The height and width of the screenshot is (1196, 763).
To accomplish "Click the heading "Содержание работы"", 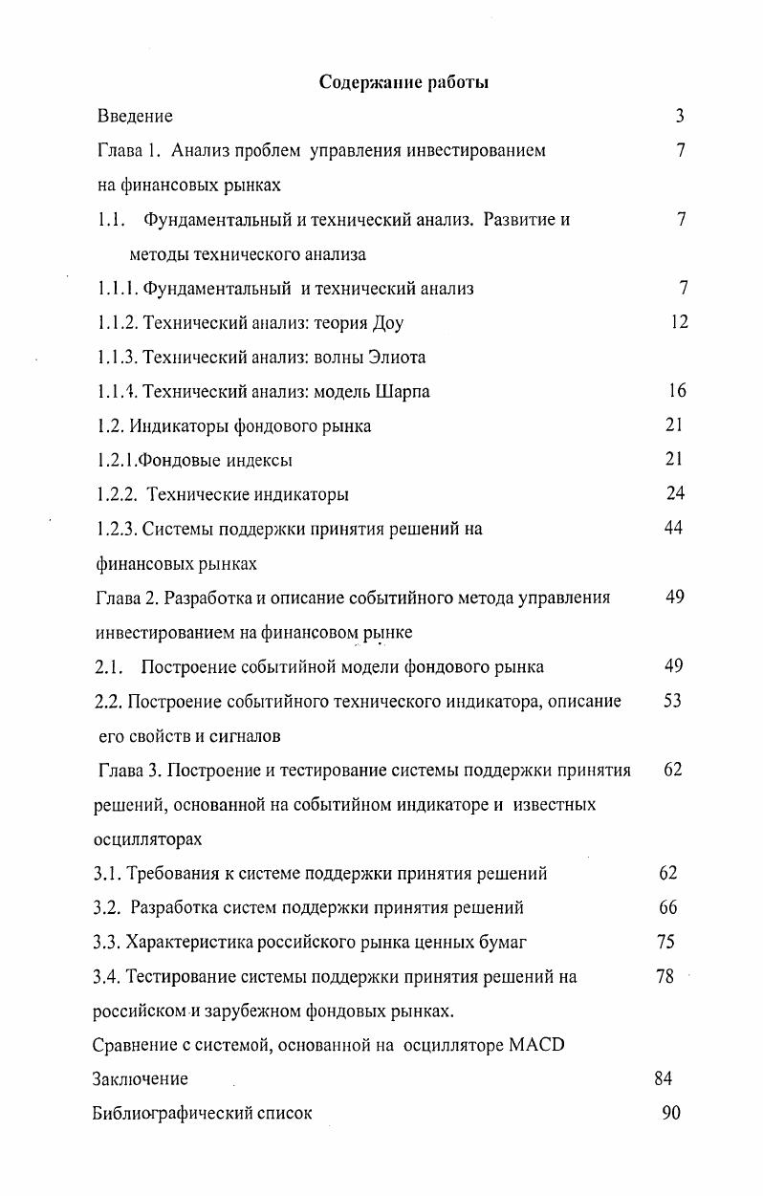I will pyautogui.click(x=403, y=82).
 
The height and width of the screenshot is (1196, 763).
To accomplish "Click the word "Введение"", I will pyautogui.click(x=135, y=117).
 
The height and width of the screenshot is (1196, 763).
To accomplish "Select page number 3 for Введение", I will pyautogui.click(x=679, y=117).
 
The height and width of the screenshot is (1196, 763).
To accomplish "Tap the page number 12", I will pyautogui.click(x=678, y=322).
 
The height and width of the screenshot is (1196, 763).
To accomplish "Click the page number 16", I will pyautogui.click(x=677, y=391).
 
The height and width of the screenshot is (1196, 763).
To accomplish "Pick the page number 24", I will pyautogui.click(x=675, y=493).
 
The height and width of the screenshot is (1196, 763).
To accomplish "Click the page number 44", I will pyautogui.click(x=673, y=529).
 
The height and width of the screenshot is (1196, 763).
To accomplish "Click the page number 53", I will pyautogui.click(x=672, y=701).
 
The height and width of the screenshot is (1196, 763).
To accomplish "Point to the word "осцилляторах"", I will pyautogui.click(x=147, y=838).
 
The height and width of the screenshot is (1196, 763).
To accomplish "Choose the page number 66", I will pyautogui.click(x=668, y=906).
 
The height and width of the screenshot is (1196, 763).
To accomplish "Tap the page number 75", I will pyautogui.click(x=666, y=942).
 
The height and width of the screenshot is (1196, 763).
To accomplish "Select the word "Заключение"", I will pyautogui.click(x=140, y=1079).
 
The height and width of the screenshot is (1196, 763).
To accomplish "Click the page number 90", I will pyautogui.click(x=670, y=1113).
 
